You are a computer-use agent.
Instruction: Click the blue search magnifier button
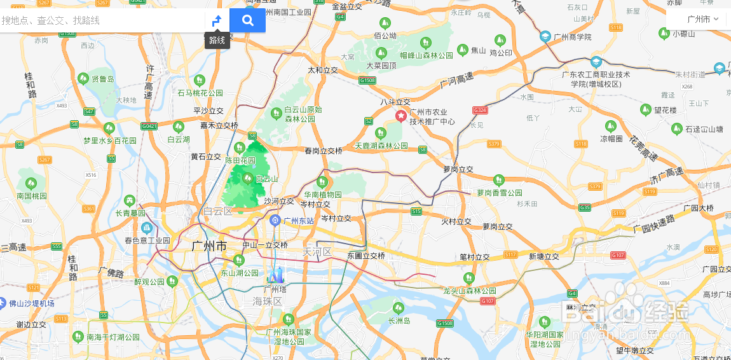[247, 20]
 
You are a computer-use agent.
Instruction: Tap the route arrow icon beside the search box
[217, 20]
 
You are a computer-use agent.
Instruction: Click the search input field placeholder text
[51, 20]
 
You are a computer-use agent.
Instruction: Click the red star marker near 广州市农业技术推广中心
[401, 116]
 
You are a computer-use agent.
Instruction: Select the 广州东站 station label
[298, 221]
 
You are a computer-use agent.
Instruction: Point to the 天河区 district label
[317, 252]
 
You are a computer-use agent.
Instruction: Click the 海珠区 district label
[267, 301]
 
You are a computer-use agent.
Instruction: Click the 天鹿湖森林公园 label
[381, 146]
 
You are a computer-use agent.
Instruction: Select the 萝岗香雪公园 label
[500, 192]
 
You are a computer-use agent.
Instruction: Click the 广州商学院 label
[572, 37]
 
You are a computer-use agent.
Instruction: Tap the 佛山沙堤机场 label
[31, 303]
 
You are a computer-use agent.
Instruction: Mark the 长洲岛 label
[399, 321]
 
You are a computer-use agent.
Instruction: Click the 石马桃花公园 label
[200, 93]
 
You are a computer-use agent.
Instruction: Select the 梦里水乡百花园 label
[109, 140]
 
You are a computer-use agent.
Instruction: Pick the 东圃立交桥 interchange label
[366, 256]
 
